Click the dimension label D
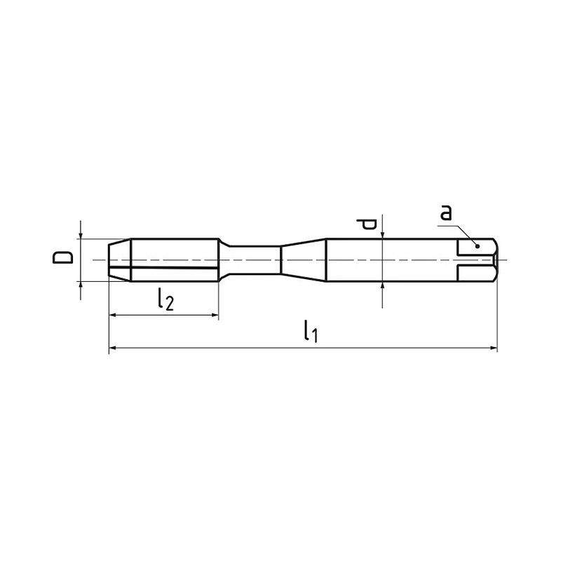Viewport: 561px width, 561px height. [62, 257]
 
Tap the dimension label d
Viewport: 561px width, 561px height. [366, 224]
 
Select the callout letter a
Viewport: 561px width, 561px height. [446, 212]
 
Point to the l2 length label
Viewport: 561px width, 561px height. [165, 299]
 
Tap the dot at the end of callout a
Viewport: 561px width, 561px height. [477, 246]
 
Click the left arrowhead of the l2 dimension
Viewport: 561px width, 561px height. [112, 315]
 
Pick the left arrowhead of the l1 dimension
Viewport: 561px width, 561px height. [112, 347]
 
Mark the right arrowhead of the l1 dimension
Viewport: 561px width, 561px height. [494, 347]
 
